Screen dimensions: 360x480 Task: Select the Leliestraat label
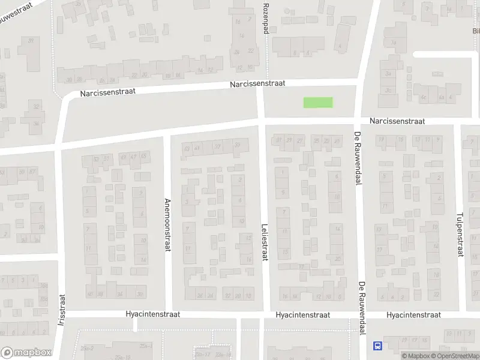[x=265, y=241]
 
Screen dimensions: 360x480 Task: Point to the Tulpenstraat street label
[x=461, y=234]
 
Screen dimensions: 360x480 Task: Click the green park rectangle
[x=318, y=103]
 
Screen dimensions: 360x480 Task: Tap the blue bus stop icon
[x=378, y=345]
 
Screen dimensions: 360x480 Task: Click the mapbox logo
[x=26, y=353]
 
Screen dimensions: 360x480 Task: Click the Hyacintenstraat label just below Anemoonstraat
[x=153, y=314]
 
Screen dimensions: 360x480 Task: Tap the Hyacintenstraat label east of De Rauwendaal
[x=413, y=314]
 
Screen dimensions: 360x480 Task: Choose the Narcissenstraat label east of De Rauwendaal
[x=397, y=121]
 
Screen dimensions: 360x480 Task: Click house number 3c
[x=389, y=90]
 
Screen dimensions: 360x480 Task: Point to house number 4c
[x=423, y=97]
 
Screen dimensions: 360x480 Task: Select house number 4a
[x=442, y=97]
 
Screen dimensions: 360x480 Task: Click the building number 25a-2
[x=89, y=348]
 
